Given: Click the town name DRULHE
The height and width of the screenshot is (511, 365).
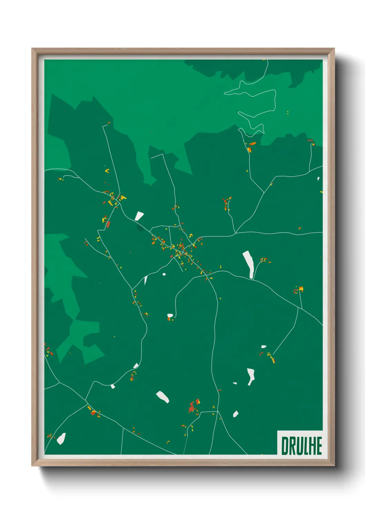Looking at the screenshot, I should pyautogui.click(x=302, y=446).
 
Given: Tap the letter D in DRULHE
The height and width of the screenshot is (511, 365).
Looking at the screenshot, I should pyautogui.click(x=285, y=446).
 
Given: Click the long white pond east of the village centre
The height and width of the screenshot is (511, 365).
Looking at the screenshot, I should pyautogui.click(x=249, y=264).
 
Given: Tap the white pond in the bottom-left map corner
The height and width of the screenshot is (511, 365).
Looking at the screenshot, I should pyautogui.click(x=61, y=438).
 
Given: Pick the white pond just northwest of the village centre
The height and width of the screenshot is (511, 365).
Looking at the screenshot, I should pyautogui.click(x=139, y=216).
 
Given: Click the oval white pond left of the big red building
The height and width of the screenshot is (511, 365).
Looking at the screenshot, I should pyautogui.click(x=162, y=397).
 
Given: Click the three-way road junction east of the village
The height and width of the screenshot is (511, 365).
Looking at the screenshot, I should pyautogui.click(x=235, y=233).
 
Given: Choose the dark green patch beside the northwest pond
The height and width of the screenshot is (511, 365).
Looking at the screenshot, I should pyautogui.click(x=140, y=227).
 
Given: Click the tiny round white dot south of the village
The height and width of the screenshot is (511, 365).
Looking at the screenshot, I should pyautogui.click(x=164, y=274).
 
